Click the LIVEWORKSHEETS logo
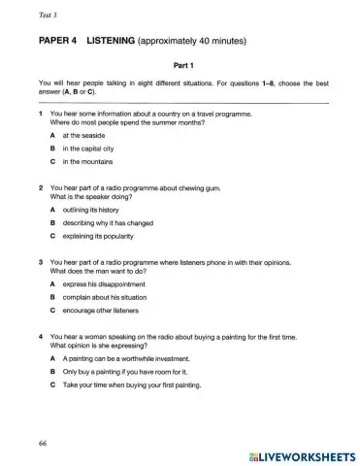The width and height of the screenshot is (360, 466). (x=302, y=454)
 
